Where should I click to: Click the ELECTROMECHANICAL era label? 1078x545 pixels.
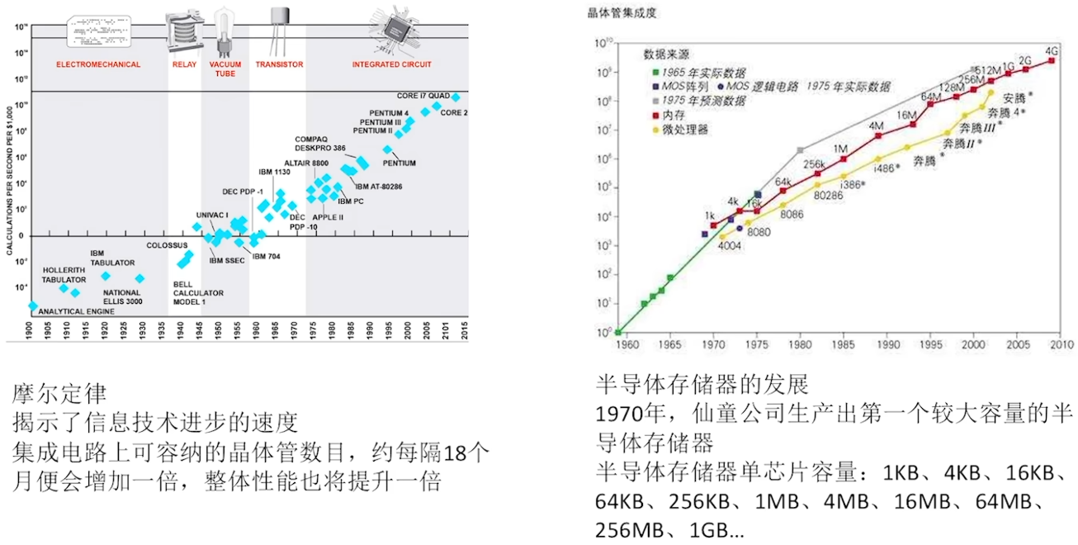point(98,64)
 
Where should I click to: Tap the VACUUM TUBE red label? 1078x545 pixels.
point(225,69)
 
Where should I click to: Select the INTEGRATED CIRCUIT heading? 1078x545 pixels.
point(391,64)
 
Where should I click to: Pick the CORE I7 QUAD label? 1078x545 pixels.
point(423,97)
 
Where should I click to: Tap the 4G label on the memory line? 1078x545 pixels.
point(1051,51)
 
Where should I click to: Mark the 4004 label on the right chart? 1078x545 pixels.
point(729,245)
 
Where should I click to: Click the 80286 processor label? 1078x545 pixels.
point(828,197)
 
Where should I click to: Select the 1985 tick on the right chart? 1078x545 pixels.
point(844,344)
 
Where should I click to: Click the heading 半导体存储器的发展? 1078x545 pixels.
point(702,384)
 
